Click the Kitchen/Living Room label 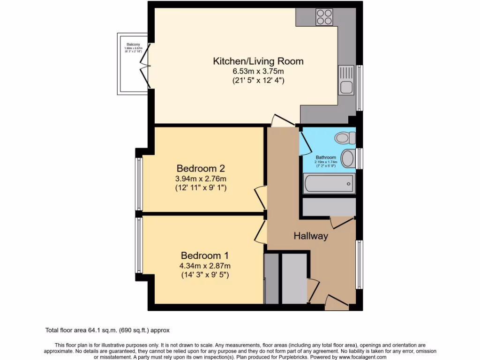(258, 61)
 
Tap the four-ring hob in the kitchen (323, 17)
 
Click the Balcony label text (133, 45)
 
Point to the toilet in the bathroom (345, 138)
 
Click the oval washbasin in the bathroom (348, 158)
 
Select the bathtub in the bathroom (328, 184)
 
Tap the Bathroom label (325, 157)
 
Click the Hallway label (311, 236)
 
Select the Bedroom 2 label (201, 168)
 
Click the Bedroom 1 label (204, 256)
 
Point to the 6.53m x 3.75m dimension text (258, 71)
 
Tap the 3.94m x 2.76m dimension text (201, 179)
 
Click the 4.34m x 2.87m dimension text (204, 266)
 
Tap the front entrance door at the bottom (337, 302)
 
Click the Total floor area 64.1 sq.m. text (110, 330)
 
